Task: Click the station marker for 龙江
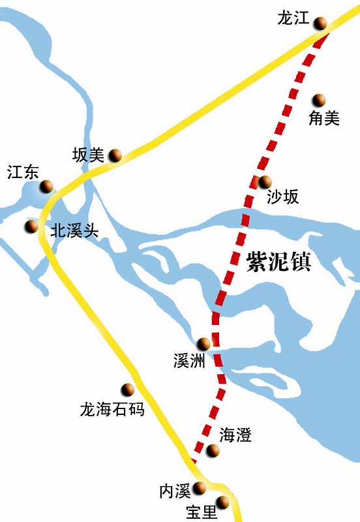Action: point(320,24)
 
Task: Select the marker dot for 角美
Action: point(319,100)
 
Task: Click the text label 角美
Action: point(324,118)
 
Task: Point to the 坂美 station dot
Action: point(115,155)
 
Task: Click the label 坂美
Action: point(88,155)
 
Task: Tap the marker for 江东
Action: point(46,187)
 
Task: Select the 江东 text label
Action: point(23,173)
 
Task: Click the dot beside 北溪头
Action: point(31,226)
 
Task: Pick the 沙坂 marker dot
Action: point(265,182)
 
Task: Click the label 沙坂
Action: point(283,198)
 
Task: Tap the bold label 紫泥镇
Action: point(278,261)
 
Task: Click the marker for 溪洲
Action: point(204,343)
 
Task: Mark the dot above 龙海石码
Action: point(127,390)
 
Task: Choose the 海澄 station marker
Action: point(213,450)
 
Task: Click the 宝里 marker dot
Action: point(223,502)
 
